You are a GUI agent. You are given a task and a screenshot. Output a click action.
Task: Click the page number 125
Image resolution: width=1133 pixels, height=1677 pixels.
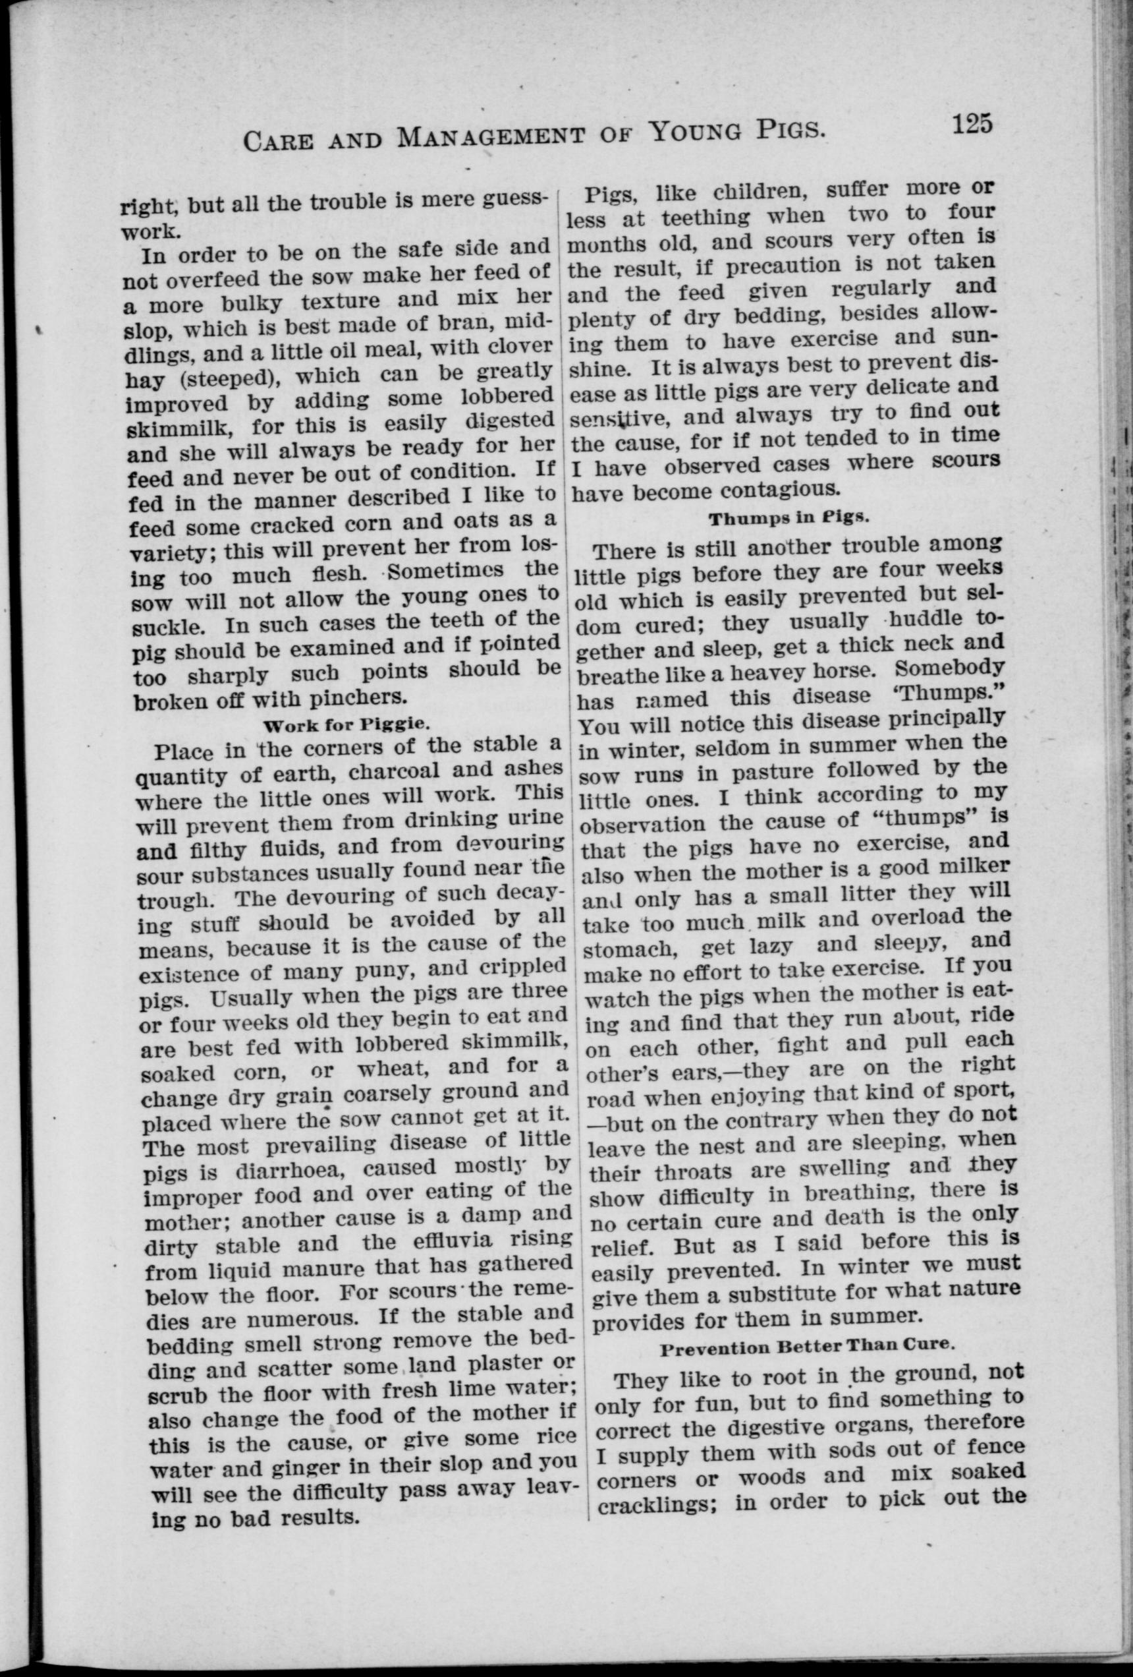[972, 122]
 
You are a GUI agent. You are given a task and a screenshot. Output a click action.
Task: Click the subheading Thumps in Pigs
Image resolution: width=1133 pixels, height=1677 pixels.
[790, 517]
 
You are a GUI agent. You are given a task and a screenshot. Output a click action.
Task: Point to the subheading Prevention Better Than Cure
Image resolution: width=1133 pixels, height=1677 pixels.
[808, 1347]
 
